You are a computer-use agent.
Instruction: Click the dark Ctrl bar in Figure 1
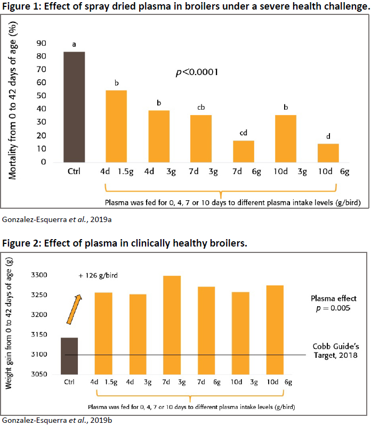[x=74, y=106]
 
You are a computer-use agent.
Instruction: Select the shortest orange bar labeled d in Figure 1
[x=328, y=153]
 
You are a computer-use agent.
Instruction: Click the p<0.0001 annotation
[x=197, y=72]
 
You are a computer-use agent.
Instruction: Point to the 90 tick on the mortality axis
[x=40, y=43]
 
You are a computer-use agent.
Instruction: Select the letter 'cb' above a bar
[x=201, y=108]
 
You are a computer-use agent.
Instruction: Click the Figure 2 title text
[x=133, y=244]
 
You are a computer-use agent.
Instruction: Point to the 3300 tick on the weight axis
[x=39, y=275]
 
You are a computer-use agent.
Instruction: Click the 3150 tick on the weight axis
[x=39, y=334]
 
